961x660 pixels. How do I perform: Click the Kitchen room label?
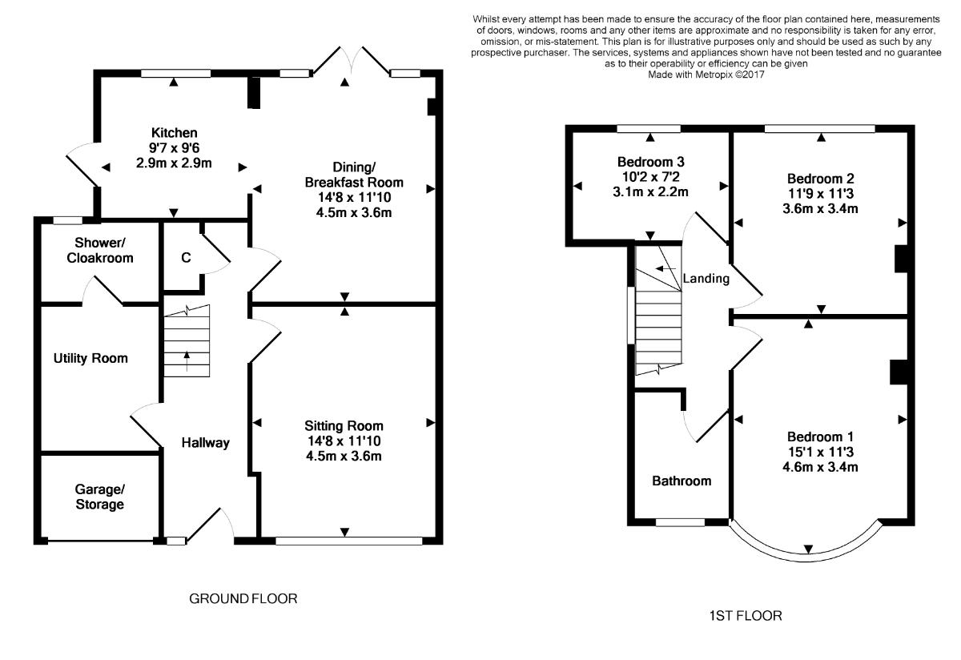pyautogui.click(x=175, y=133)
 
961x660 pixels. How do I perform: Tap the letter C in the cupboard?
pyautogui.click(x=186, y=257)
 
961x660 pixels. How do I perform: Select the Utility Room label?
pyautogui.click(x=90, y=358)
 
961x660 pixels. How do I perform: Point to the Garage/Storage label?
pyautogui.click(x=100, y=497)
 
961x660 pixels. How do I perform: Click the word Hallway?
pyautogui.click(x=206, y=443)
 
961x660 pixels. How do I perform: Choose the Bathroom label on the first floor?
pyautogui.click(x=682, y=481)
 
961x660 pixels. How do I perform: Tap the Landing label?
pyautogui.click(x=706, y=279)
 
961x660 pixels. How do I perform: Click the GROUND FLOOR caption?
pyautogui.click(x=243, y=598)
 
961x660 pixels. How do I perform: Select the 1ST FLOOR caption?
pyautogui.click(x=746, y=616)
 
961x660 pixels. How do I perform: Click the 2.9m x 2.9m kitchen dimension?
pyautogui.click(x=174, y=163)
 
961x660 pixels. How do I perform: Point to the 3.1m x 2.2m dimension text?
pyautogui.click(x=650, y=191)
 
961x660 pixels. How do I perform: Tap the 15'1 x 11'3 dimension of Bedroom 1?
pyautogui.click(x=821, y=452)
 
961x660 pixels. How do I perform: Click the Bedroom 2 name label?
pyautogui.click(x=821, y=179)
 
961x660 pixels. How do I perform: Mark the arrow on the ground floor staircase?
pyautogui.click(x=187, y=361)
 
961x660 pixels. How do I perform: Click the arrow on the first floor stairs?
pyautogui.click(x=665, y=268)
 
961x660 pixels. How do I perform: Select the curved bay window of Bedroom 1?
pyautogui.click(x=807, y=558)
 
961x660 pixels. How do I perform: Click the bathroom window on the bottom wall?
pyautogui.click(x=681, y=522)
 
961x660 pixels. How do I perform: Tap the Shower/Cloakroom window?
pyautogui.click(x=68, y=220)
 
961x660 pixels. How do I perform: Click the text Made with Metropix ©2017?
pyautogui.click(x=706, y=74)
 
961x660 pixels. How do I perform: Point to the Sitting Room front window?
pyautogui.click(x=349, y=541)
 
